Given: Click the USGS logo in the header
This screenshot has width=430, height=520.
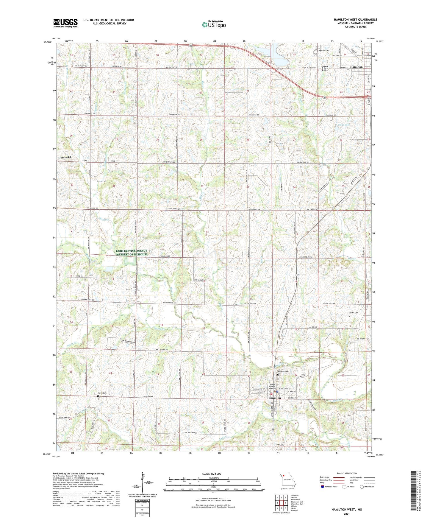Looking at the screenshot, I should pyautogui.click(x=65, y=23).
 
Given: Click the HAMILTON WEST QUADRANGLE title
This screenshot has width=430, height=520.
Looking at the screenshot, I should pyautogui.click(x=355, y=20).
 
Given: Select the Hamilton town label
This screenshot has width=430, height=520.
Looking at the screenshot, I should pyautogui.click(x=356, y=67).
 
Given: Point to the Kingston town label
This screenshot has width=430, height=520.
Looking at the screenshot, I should pyautogui.click(x=275, y=398).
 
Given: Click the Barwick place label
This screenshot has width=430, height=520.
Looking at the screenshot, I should pyautogui.click(x=66, y=157).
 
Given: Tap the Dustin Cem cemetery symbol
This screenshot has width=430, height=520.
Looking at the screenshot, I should pyautogui.click(x=349, y=316).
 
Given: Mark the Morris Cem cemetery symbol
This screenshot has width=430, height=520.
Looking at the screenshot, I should pyautogui.click(x=98, y=396).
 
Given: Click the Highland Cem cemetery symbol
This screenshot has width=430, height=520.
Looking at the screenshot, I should pyautogui.click(x=317, y=50).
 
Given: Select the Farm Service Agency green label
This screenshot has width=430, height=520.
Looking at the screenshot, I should pyautogui.click(x=131, y=253).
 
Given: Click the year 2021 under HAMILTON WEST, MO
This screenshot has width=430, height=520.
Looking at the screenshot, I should pyautogui.click(x=347, y=514).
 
